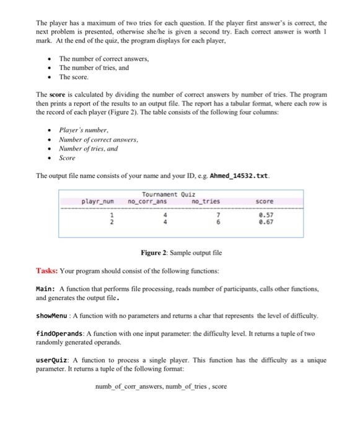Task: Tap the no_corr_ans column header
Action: (x=147, y=201)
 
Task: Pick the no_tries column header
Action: (x=206, y=201)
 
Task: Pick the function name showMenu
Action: (x=52, y=316)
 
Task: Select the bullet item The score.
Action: (x=74, y=77)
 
